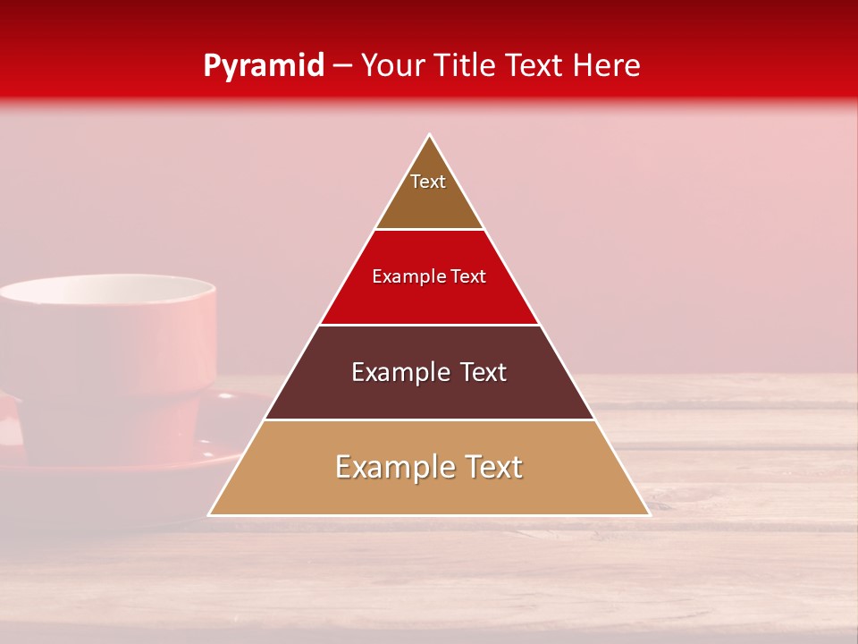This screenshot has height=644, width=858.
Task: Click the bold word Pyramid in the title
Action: (263, 66)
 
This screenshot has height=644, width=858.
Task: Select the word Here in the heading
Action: (607, 66)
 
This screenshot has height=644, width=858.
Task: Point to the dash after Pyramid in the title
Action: (343, 66)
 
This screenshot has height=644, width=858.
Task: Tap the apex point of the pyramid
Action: (430, 135)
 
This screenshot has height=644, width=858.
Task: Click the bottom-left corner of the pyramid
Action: (210, 514)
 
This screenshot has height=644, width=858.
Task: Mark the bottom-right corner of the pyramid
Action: (649, 514)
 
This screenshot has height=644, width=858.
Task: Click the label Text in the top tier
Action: (428, 182)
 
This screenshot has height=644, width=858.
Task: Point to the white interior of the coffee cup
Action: (107, 292)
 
